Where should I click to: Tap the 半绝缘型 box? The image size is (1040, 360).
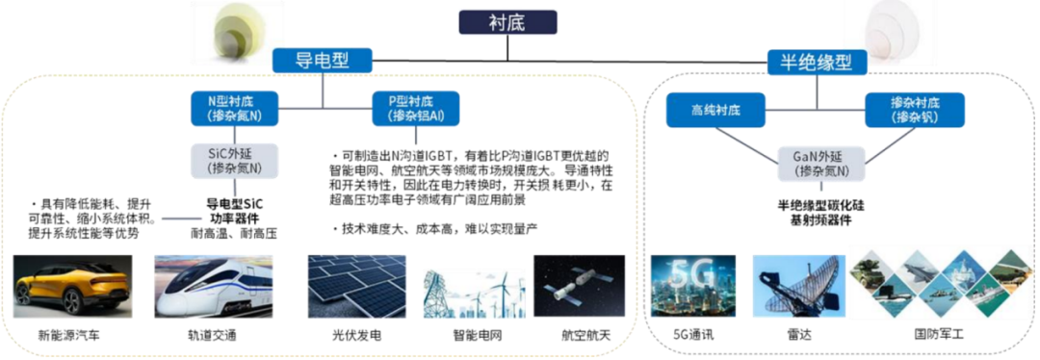click(817, 63)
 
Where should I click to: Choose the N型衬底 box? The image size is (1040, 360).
click(233, 107)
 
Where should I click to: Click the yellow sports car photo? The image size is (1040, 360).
click(70, 286)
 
